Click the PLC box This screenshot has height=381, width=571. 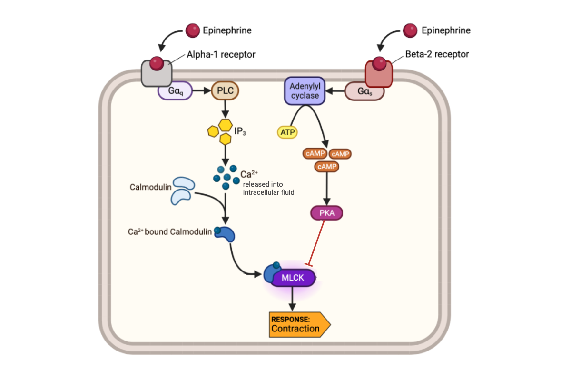pyautogui.click(x=225, y=90)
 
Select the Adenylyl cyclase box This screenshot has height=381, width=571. pyautogui.click(x=305, y=90)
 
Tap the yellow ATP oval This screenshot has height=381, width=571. pyautogui.click(x=287, y=132)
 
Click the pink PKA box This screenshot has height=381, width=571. pyautogui.click(x=327, y=213)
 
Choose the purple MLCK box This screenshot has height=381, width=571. pyautogui.click(x=293, y=278)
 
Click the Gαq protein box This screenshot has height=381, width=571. pyautogui.click(x=175, y=90)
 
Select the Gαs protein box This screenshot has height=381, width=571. pyautogui.click(x=364, y=91)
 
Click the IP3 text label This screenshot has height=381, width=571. pyautogui.click(x=239, y=130)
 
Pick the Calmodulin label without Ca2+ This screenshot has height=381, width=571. pyautogui.click(x=150, y=187)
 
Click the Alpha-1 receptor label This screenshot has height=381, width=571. pyautogui.click(x=221, y=54)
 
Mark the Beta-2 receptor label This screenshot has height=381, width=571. pyautogui.click(x=437, y=54)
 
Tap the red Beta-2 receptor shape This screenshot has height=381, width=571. pyautogui.click(x=379, y=73)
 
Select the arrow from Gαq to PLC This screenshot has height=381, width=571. pyautogui.click(x=202, y=90)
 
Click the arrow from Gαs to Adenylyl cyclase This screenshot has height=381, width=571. pyautogui.click(x=335, y=90)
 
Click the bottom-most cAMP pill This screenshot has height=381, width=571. pyautogui.click(x=326, y=167)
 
